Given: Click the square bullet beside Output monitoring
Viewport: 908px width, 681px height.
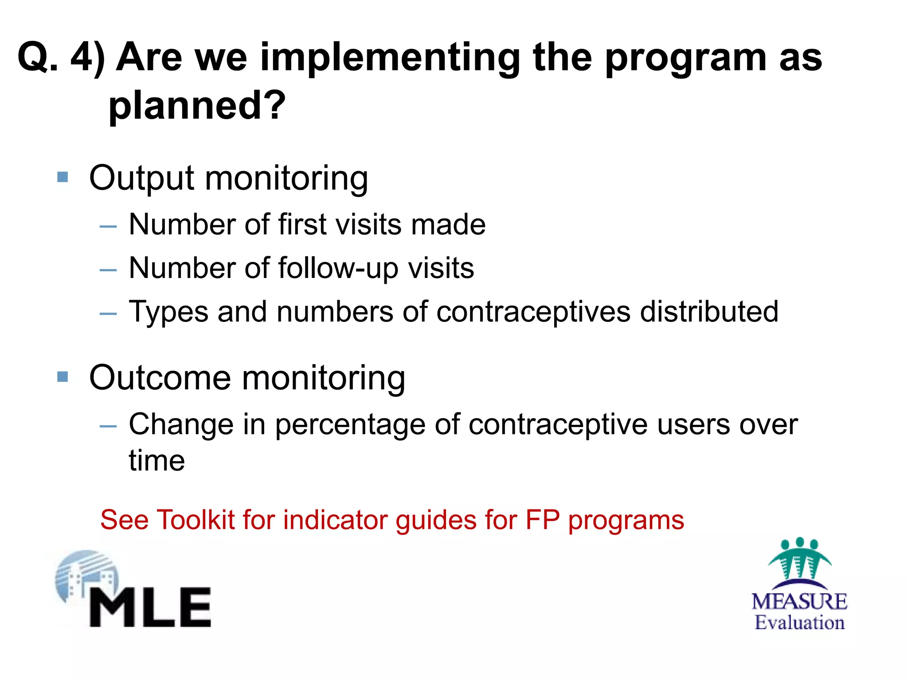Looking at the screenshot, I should click(63, 177).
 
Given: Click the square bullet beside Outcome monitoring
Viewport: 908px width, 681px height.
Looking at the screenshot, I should click(63, 377).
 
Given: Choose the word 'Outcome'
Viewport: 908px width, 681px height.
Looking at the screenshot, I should click(160, 378).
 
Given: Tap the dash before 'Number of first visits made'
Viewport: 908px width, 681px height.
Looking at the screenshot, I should click(108, 227).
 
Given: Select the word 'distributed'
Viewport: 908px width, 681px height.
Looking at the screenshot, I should click(709, 311).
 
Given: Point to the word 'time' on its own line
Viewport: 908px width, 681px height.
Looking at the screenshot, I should click(157, 461).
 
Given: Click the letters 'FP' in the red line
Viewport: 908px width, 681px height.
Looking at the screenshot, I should click(542, 520).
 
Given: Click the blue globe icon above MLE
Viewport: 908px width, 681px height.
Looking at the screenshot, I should click(86, 574).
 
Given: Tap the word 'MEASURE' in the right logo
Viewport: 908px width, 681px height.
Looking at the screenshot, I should click(799, 602).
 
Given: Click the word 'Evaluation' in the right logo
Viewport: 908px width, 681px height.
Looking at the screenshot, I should click(799, 622).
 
